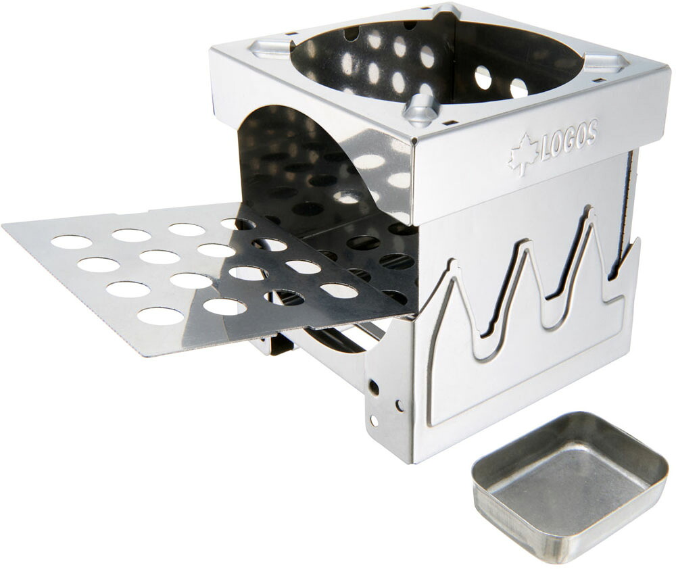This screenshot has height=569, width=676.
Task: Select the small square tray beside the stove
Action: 564,487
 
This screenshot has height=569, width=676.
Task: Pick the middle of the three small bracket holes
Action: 400,405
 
